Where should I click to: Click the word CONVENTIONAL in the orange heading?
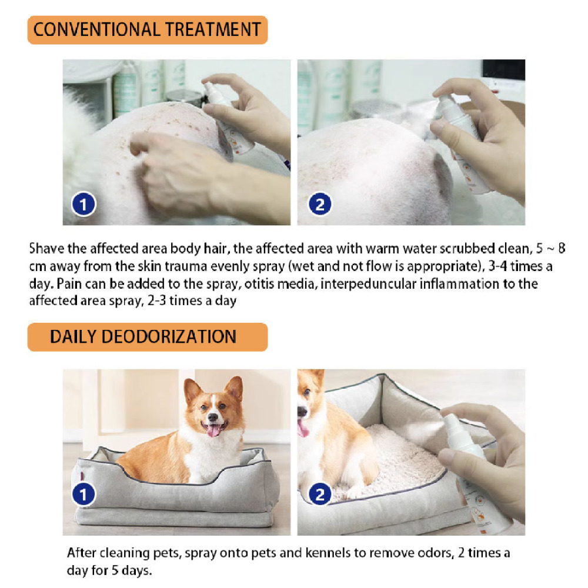pos(97,29)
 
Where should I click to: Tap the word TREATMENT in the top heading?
pos(213,29)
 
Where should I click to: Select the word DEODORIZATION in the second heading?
pos(169,336)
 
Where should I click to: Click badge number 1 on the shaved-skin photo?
pos(83,205)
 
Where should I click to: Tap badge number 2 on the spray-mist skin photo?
pos(320,205)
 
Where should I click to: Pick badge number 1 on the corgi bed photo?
pos(83,495)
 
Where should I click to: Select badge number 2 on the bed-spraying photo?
pos(320,495)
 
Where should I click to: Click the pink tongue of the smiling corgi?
pos(214,430)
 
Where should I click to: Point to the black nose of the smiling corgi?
pos(213,417)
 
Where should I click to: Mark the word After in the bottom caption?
pos(82,553)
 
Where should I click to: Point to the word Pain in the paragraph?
pos(69,283)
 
